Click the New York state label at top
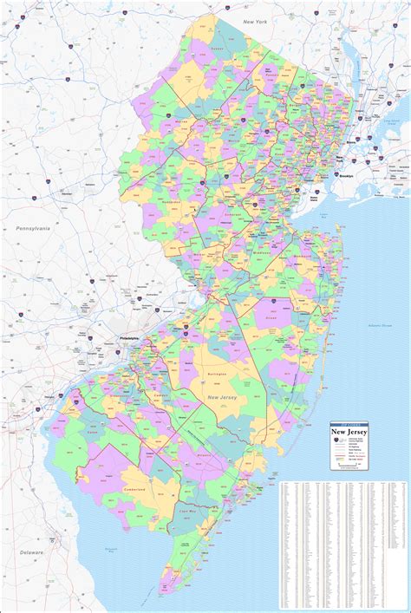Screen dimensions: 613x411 click(x=255, y=20)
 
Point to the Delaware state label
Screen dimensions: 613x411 click(x=33, y=551)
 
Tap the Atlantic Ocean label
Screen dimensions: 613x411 click(x=380, y=325)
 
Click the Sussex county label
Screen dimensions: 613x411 click(x=216, y=49)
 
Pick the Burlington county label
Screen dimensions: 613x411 click(x=216, y=374)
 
